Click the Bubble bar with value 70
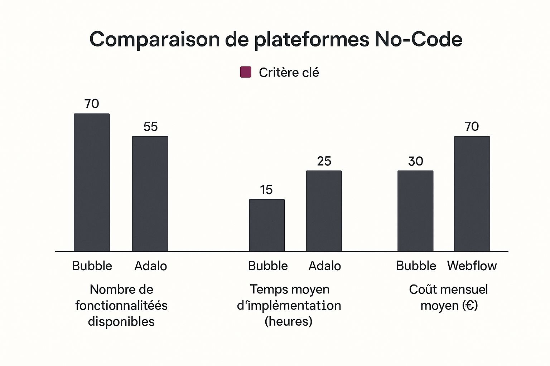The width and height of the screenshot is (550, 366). coord(92,182)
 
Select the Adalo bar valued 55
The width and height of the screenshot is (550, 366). coord(150,194)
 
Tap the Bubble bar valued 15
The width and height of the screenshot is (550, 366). coord(267,225)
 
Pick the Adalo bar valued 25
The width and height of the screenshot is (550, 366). coord(324,211)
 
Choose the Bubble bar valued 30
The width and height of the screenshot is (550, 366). coord(415,211)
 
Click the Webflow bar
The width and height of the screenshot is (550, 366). coord(472,194)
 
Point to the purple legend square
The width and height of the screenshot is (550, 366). coord(245,72)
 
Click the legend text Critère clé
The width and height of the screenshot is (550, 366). coord(289,73)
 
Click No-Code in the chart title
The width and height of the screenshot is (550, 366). coord(418,39)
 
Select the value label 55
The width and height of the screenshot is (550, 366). coord(150,127)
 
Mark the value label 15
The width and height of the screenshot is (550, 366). coord(266,190)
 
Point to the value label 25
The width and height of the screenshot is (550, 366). coord(324,161)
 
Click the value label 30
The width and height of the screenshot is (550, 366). coord(415,161)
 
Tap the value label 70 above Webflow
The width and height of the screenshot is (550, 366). coord(472,127)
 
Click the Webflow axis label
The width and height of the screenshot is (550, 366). coord(472,266)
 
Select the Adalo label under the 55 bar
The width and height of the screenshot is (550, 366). coord(150,266)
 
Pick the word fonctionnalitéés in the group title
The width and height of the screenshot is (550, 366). coord(121,306)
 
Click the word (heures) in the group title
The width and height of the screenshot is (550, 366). coord(288,321)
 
